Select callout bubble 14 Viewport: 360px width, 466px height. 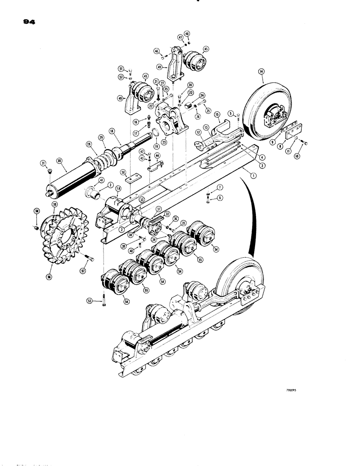coord(262,71)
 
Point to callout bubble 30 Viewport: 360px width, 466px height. coord(59,161)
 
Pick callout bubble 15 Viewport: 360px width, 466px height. coord(216,114)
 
